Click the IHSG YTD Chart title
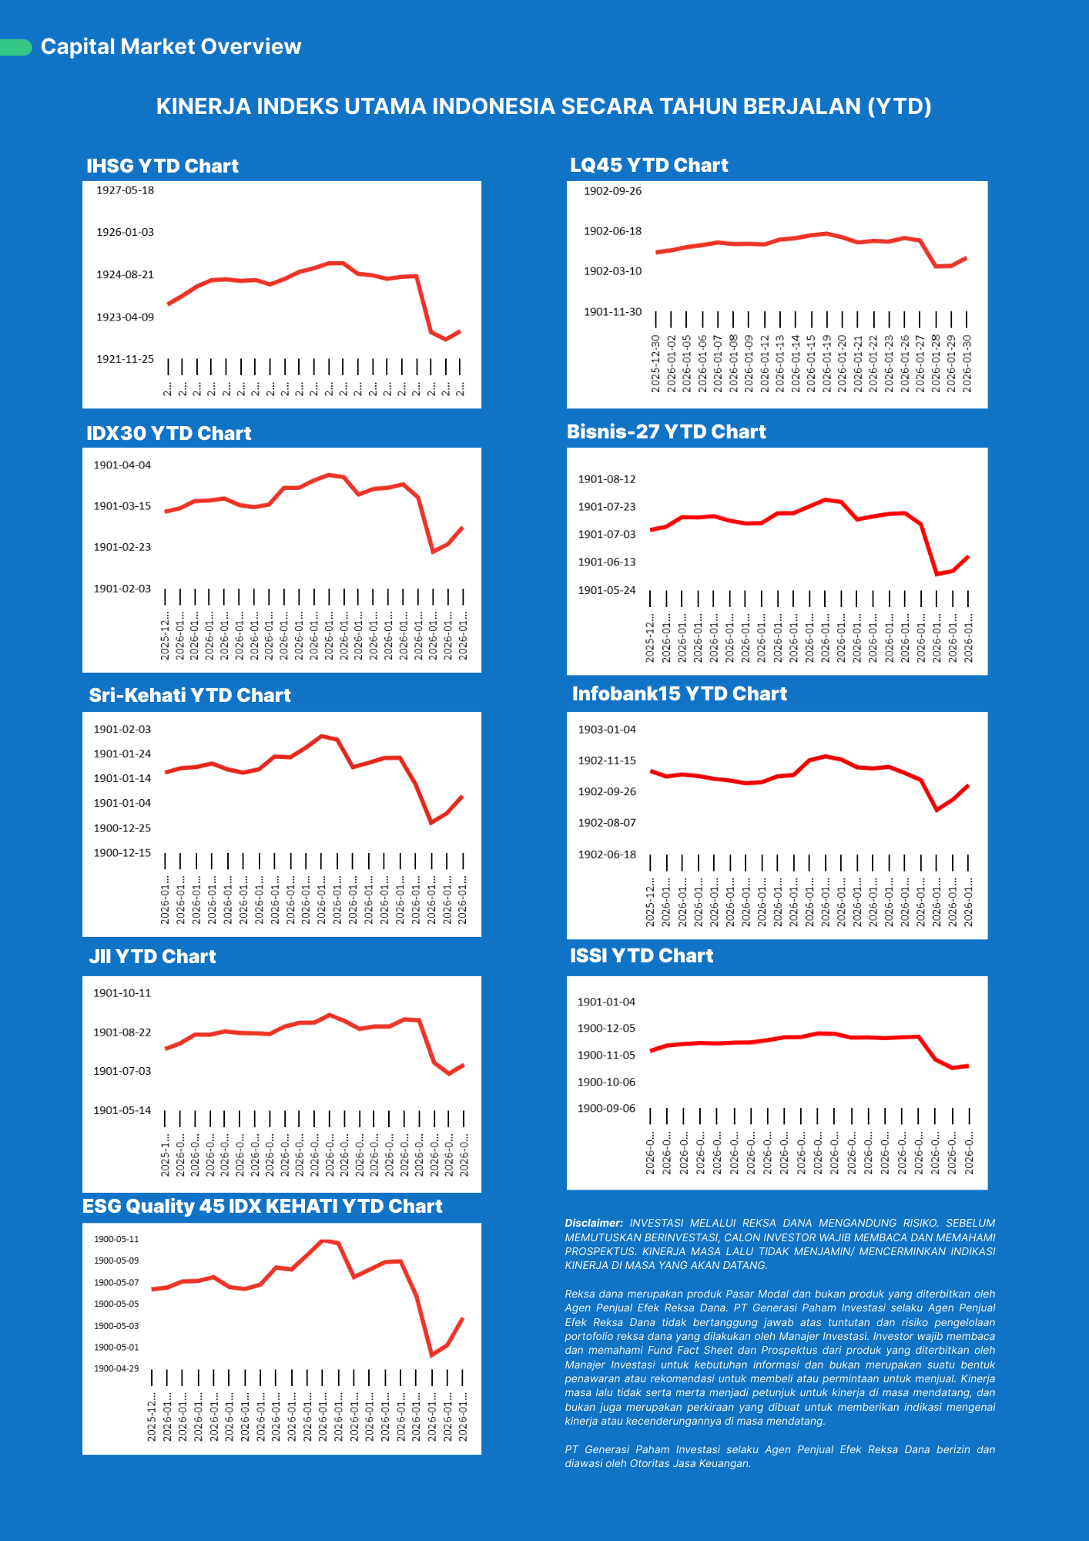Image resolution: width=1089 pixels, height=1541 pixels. click(x=163, y=166)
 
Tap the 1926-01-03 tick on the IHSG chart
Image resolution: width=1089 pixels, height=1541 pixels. click(x=125, y=232)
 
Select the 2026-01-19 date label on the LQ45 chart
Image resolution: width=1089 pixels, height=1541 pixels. click(x=826, y=364)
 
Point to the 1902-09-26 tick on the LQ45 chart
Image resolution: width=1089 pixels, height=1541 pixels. click(x=612, y=191)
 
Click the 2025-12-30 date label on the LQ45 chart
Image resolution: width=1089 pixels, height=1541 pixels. click(x=656, y=364)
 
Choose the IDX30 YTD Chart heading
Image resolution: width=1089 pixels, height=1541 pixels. click(x=169, y=433)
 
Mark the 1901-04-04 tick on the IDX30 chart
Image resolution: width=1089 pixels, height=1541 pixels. click(x=122, y=465)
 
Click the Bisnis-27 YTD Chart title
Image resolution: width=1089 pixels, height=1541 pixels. click(x=666, y=431)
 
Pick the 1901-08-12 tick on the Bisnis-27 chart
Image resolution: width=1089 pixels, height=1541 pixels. click(x=607, y=479)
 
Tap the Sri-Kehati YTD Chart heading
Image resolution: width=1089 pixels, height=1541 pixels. click(x=189, y=695)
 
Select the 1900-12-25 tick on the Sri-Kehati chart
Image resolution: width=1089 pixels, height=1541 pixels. click(x=122, y=828)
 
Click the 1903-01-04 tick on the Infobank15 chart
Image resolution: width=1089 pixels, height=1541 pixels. click(x=607, y=730)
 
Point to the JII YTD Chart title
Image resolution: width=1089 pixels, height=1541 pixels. click(x=152, y=956)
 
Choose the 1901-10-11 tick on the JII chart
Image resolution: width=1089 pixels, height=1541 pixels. click(x=122, y=993)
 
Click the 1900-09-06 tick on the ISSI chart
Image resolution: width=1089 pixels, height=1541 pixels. click(x=607, y=1109)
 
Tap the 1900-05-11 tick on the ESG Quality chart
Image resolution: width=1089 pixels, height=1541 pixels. click(x=116, y=1239)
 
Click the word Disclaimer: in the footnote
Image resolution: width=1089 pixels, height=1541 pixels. click(x=594, y=1223)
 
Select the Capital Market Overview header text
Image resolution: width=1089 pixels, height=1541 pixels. click(x=171, y=47)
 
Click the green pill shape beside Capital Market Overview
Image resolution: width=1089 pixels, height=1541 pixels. click(x=15, y=48)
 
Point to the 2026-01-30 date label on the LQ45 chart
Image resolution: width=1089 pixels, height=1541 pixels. click(x=967, y=364)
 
